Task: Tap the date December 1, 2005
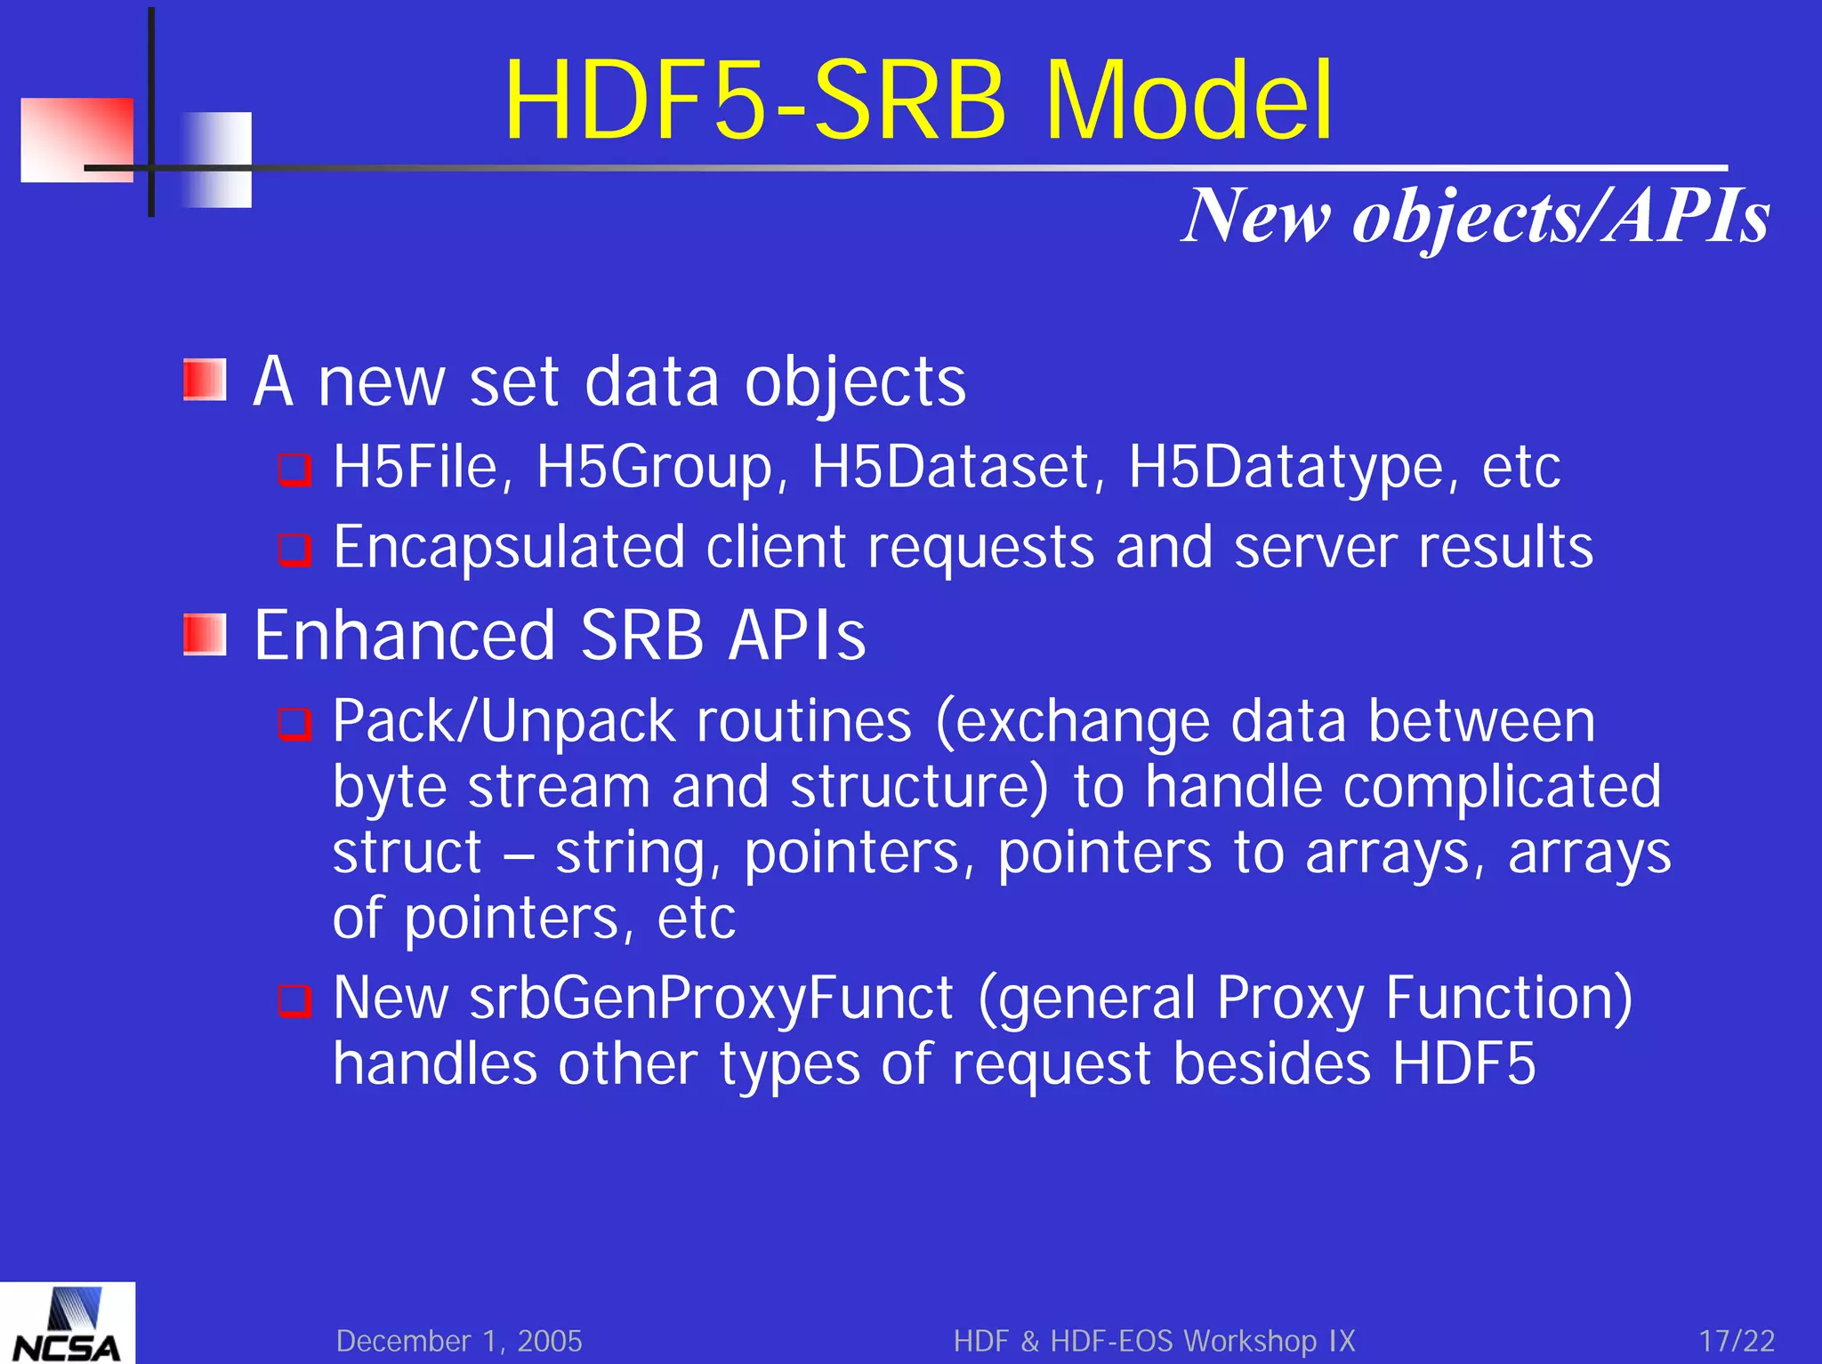(x=459, y=1340)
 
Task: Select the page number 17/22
(x=1736, y=1340)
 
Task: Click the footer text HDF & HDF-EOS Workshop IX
(x=1154, y=1340)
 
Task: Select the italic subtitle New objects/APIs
(x=1475, y=216)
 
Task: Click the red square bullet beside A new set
(x=206, y=380)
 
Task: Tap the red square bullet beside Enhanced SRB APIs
(x=206, y=634)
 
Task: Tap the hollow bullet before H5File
(x=294, y=469)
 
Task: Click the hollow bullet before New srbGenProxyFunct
(x=294, y=1000)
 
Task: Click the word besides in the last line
(x=1271, y=1063)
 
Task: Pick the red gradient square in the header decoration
(x=77, y=140)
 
